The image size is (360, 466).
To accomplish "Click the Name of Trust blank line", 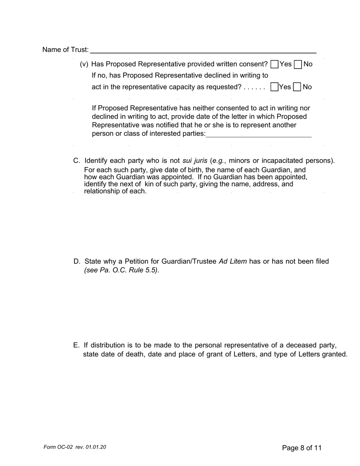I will click(x=203, y=50).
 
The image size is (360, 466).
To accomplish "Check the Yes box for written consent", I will click(x=275, y=64).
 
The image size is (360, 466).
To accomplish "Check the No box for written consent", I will click(x=298, y=64).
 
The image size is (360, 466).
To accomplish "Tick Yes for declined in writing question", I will click(x=274, y=87).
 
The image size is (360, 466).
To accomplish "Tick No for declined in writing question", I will click(x=297, y=87).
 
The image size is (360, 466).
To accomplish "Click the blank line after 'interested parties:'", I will click(x=258, y=134).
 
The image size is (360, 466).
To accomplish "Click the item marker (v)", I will click(x=84, y=64).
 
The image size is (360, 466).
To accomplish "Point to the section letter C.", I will click(x=76, y=161).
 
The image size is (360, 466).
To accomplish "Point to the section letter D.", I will click(x=77, y=261).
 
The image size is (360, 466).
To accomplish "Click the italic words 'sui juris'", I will click(x=195, y=161).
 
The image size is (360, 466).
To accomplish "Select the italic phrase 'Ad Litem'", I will click(x=233, y=261).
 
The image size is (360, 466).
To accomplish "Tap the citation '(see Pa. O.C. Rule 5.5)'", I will click(x=121, y=270).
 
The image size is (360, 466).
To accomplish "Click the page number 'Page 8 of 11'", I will click(x=302, y=448).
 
